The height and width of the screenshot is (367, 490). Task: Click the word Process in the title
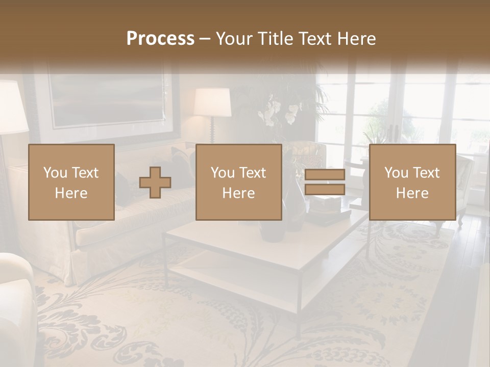pos(160,39)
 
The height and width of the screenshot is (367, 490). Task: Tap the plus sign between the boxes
pos(155,182)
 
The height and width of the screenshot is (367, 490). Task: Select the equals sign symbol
pos(325,182)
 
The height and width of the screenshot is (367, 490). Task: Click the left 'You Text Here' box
pos(71,182)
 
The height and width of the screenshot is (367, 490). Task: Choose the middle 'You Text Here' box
pos(239,182)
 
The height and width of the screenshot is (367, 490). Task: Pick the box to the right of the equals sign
pos(412,182)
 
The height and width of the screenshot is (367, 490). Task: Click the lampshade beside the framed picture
pos(212,102)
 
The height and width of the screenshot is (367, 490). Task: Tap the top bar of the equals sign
pos(325,175)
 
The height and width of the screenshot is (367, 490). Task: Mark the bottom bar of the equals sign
pos(325,190)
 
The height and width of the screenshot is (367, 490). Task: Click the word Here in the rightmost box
pos(412,193)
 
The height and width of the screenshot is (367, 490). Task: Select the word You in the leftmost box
pos(55,173)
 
